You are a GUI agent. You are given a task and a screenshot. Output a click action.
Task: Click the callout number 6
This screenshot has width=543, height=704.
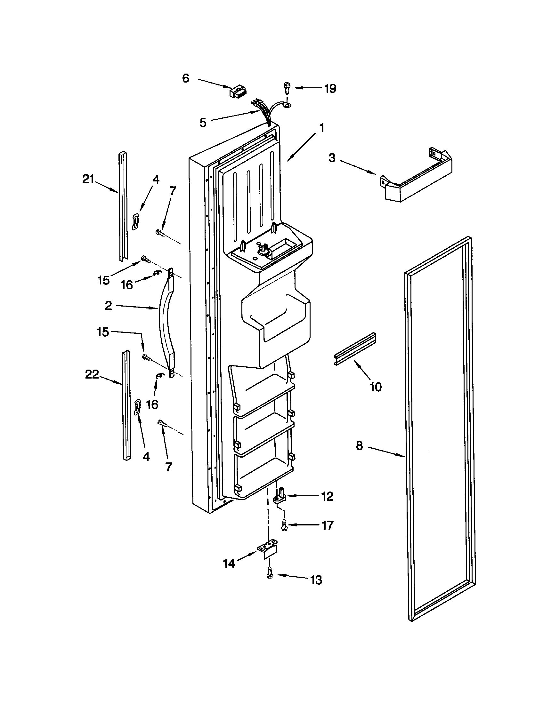pos(186,78)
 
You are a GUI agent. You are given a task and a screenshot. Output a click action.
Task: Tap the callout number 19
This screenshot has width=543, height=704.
pos(330,88)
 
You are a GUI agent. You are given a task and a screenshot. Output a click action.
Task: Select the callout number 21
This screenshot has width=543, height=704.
pos(88,179)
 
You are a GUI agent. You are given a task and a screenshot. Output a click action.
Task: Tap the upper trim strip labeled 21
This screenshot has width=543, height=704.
pos(123,206)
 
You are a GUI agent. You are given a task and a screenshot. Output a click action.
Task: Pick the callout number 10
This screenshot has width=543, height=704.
pos(376,387)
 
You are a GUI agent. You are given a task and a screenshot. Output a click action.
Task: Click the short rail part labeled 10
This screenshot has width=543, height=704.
pos(355,350)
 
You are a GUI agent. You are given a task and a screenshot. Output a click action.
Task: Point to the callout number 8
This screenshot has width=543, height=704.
pos(360,446)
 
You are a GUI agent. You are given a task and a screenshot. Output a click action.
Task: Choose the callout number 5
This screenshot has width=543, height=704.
pos(203,123)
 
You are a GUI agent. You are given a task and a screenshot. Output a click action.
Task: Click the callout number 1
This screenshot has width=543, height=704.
pos(321,128)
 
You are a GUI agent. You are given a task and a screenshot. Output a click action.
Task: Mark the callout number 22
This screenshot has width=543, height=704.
pos(92,375)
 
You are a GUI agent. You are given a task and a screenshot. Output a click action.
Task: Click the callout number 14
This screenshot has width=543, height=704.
pos(229,564)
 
